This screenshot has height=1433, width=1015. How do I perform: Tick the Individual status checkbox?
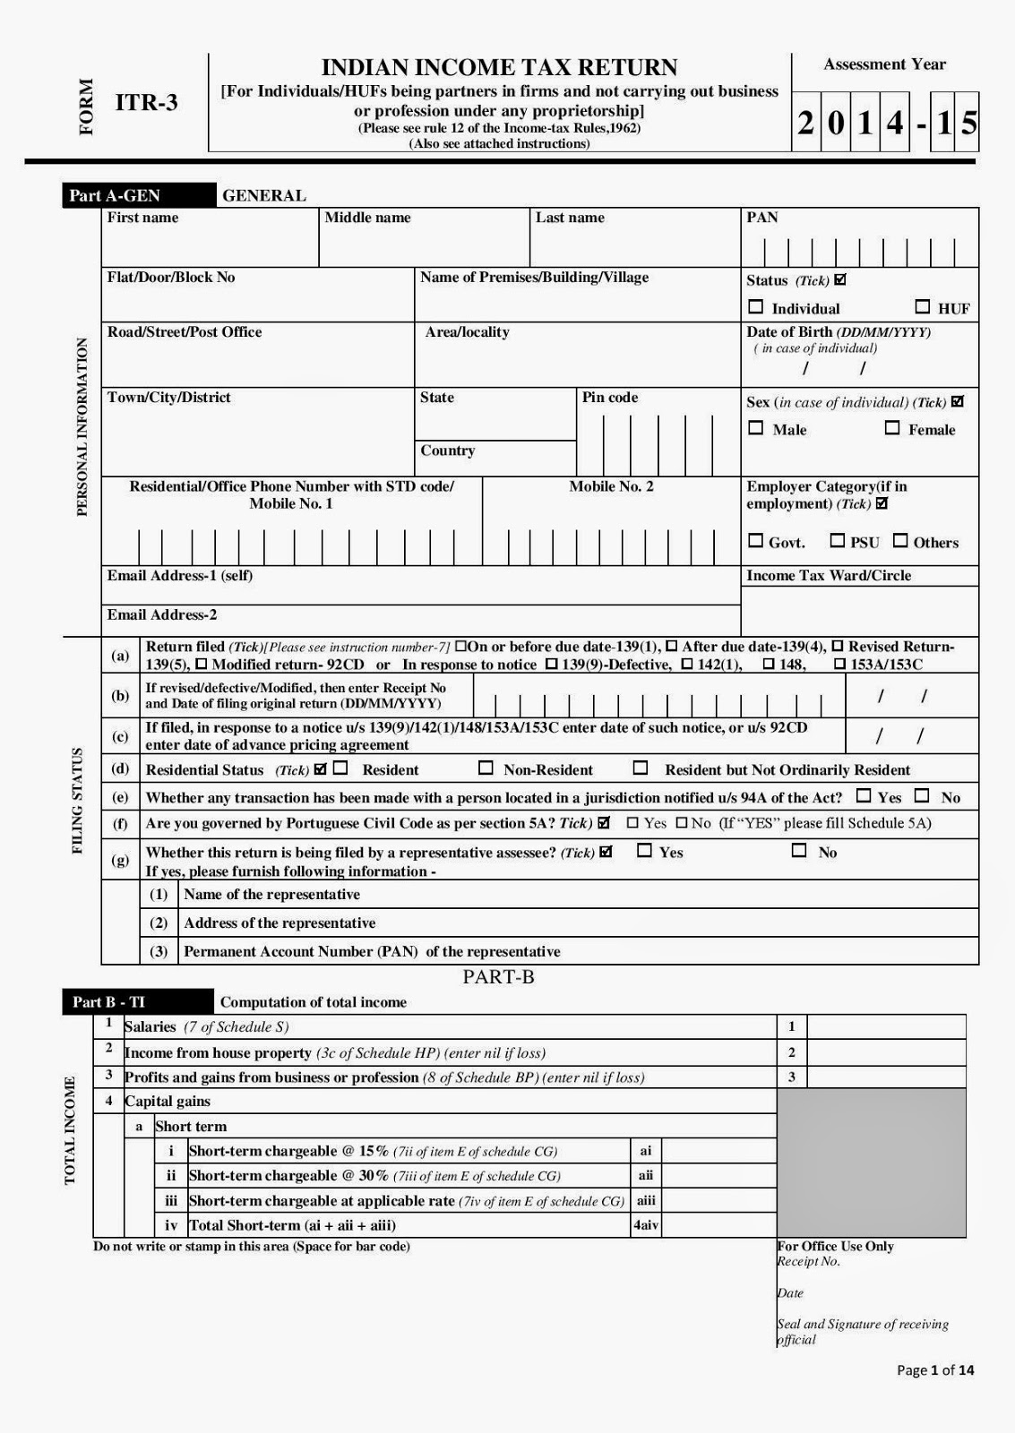click(x=756, y=307)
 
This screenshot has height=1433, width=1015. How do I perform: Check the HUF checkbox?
click(x=922, y=307)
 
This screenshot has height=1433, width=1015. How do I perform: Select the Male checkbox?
click(x=756, y=428)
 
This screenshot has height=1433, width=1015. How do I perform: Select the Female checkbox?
click(x=892, y=428)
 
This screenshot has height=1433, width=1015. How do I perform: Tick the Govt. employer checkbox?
click(x=756, y=541)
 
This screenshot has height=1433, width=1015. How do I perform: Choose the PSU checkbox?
click(x=837, y=541)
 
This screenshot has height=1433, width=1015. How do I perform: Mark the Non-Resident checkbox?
click(x=486, y=768)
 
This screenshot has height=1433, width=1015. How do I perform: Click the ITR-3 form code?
click(x=147, y=102)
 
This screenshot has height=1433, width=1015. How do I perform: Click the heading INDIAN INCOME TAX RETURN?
click(x=499, y=67)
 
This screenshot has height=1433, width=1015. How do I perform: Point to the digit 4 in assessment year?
click(x=894, y=122)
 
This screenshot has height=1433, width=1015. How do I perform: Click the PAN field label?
click(x=762, y=218)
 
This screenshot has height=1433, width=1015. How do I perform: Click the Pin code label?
click(x=610, y=398)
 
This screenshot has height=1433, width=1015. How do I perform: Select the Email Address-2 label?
click(x=162, y=615)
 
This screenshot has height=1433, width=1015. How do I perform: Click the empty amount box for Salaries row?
click(x=886, y=1027)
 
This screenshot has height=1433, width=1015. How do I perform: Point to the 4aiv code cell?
click(x=645, y=1225)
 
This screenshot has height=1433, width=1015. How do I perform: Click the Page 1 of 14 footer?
click(x=935, y=1370)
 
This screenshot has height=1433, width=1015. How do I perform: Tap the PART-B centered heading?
click(x=498, y=977)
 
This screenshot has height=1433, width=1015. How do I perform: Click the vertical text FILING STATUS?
click(x=78, y=801)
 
